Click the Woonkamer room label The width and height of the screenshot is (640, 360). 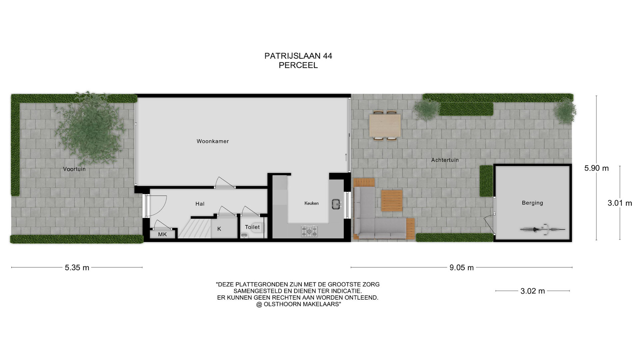tap(213, 141)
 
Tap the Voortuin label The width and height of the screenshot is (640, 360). tap(74, 169)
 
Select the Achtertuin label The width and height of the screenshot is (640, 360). tap(445, 160)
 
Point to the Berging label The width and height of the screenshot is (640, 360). tap(532, 203)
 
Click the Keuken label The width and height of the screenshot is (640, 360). tap(311, 203)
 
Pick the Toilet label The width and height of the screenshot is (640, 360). tap(252, 227)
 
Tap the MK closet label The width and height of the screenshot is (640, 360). tap(162, 234)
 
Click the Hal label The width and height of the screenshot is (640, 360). tap(200, 204)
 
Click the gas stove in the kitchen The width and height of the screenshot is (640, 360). tap(309, 231)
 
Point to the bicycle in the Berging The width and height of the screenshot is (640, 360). tap(543, 229)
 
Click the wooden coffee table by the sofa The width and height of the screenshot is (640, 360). tap(392, 201)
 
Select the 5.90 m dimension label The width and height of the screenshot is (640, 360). tap(596, 168)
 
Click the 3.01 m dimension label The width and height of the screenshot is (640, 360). tap(620, 203)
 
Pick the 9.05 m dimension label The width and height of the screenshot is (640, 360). tap(461, 267)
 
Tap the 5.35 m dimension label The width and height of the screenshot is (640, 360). tap(77, 267)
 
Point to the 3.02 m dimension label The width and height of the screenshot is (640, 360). tap(533, 291)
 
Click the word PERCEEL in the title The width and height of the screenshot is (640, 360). tap(298, 65)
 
